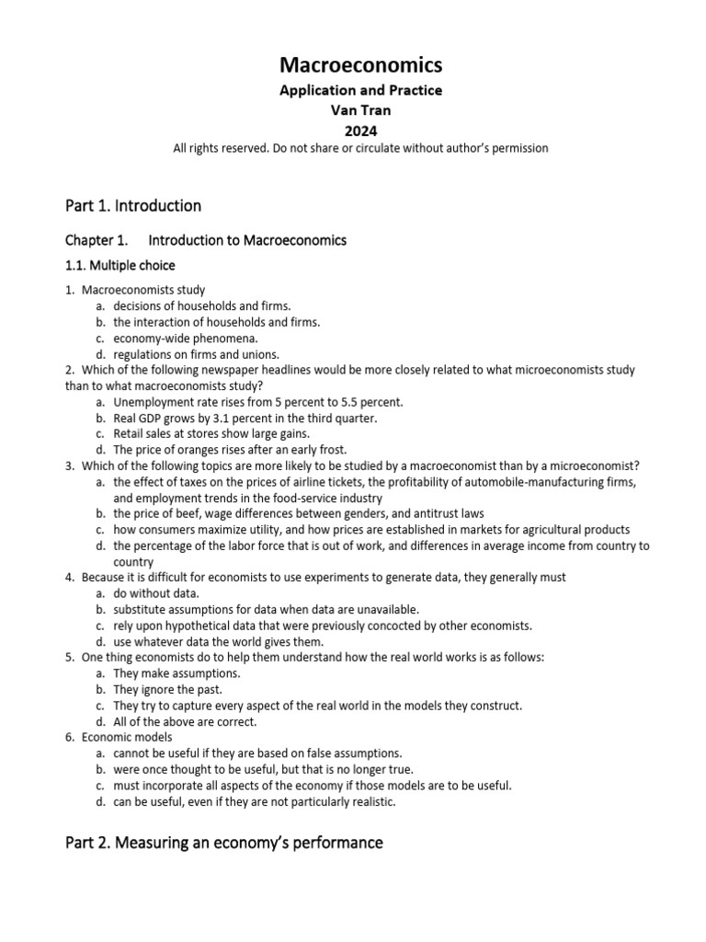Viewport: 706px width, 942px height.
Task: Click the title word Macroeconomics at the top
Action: tap(360, 65)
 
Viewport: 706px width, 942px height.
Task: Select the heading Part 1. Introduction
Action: tap(133, 205)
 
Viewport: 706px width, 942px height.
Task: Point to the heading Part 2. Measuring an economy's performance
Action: tap(223, 842)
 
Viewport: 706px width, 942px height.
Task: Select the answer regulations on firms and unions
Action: tap(196, 354)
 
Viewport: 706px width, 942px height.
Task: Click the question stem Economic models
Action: tap(127, 737)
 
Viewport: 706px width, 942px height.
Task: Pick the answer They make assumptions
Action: tap(176, 673)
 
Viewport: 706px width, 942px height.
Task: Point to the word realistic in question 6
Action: tap(369, 801)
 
